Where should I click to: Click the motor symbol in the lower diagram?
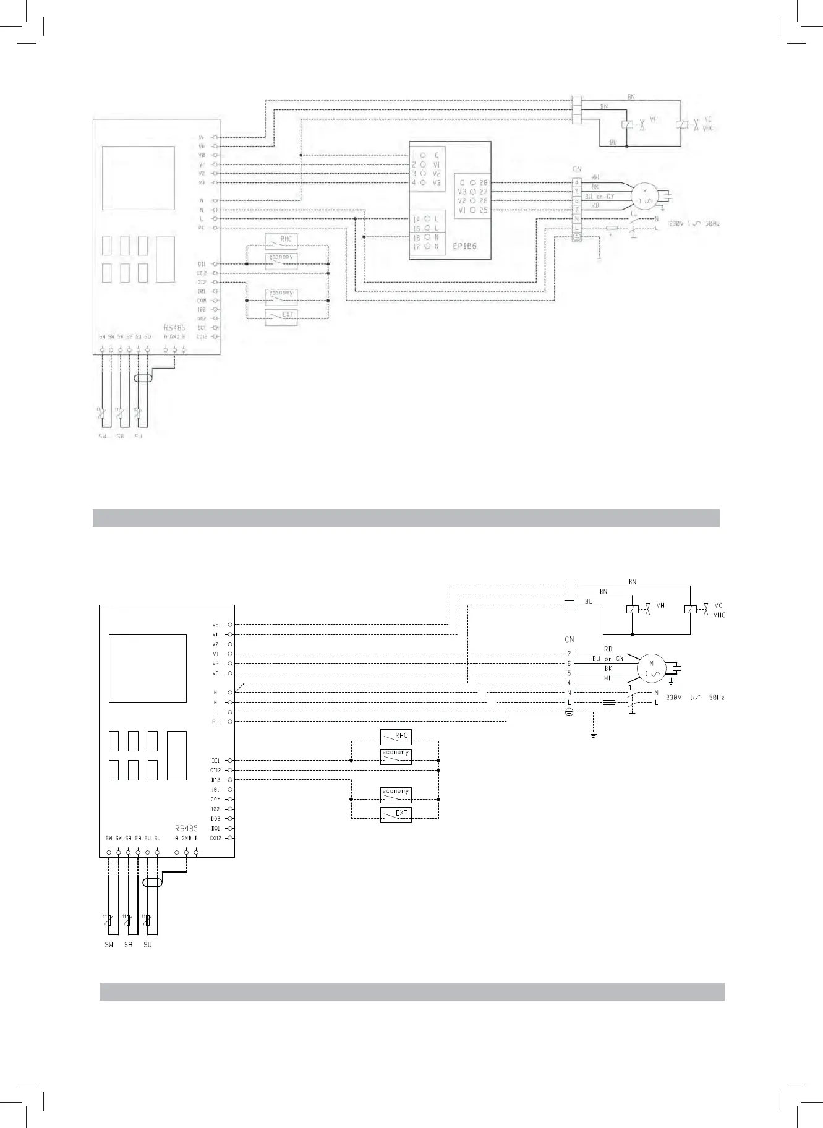(x=650, y=669)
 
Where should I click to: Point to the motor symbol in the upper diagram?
(x=646, y=196)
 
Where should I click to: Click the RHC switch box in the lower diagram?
(x=396, y=736)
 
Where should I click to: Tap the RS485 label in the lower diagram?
(x=186, y=827)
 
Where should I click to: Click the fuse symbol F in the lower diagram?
(x=608, y=703)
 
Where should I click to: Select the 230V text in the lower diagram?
(x=674, y=698)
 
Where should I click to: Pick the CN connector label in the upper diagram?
(x=577, y=169)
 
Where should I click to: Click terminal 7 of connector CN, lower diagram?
(x=569, y=654)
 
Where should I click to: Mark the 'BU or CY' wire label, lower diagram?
(x=608, y=659)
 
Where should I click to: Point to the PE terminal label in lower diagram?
(x=215, y=722)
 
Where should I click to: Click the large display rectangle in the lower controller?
(x=148, y=669)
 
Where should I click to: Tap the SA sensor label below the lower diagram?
(x=128, y=945)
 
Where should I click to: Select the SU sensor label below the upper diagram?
(x=138, y=437)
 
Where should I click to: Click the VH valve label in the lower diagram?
(x=660, y=606)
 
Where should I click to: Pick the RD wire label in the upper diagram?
(x=595, y=205)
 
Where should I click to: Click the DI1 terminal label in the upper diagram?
(x=202, y=264)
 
